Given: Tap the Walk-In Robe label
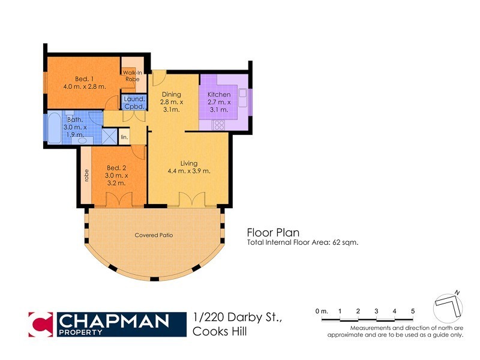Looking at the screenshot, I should click(133, 76).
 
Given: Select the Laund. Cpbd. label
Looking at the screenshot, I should click(134, 102).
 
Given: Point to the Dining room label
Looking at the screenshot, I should click(172, 95).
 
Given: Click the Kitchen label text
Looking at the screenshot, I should click(218, 95).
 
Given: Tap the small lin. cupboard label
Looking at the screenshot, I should click(124, 137).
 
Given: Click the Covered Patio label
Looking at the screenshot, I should click(154, 235).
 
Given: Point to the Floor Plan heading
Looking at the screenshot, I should click(273, 232).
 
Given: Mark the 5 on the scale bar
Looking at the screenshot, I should click(413, 311).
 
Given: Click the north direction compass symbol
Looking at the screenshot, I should click(448, 305).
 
